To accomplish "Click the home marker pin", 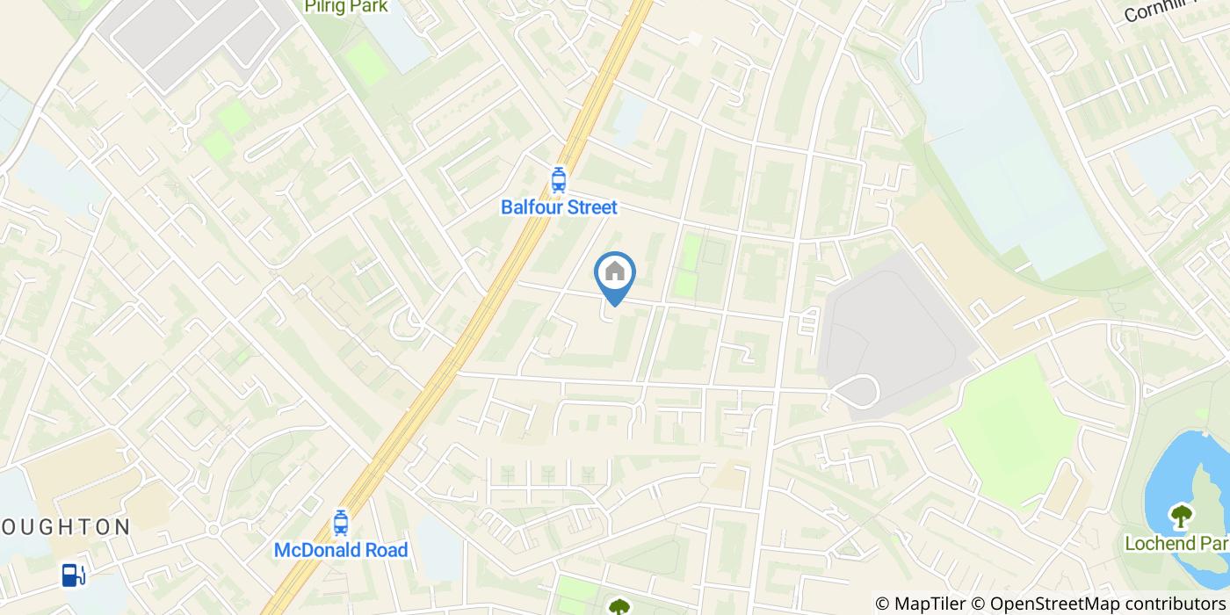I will pyautogui.click(x=615, y=274).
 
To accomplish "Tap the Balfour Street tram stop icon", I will pyautogui.click(x=558, y=180).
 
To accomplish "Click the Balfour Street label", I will pyautogui.click(x=559, y=207).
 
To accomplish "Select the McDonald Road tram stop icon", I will pyautogui.click(x=341, y=524).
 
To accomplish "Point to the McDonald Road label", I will pyautogui.click(x=341, y=551).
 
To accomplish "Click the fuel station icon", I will pyautogui.click(x=73, y=575).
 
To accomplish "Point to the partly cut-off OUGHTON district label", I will pyautogui.click(x=65, y=527).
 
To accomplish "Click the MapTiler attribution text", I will pyautogui.click(x=931, y=604).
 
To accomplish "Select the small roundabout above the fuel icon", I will pyautogui.click(x=213, y=530).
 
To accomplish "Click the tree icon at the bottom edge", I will pyautogui.click(x=619, y=606).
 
